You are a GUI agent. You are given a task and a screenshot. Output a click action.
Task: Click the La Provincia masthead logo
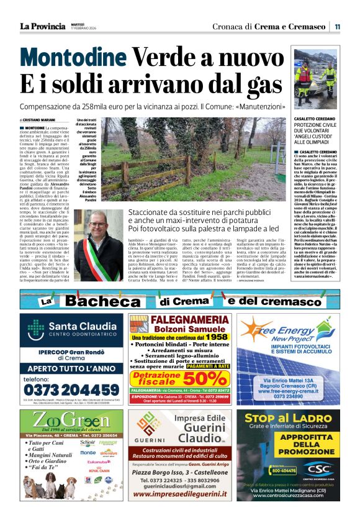pyautogui.click(x=42, y=26)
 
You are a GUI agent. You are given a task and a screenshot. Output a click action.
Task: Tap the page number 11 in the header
pyautogui.click(x=337, y=27)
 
